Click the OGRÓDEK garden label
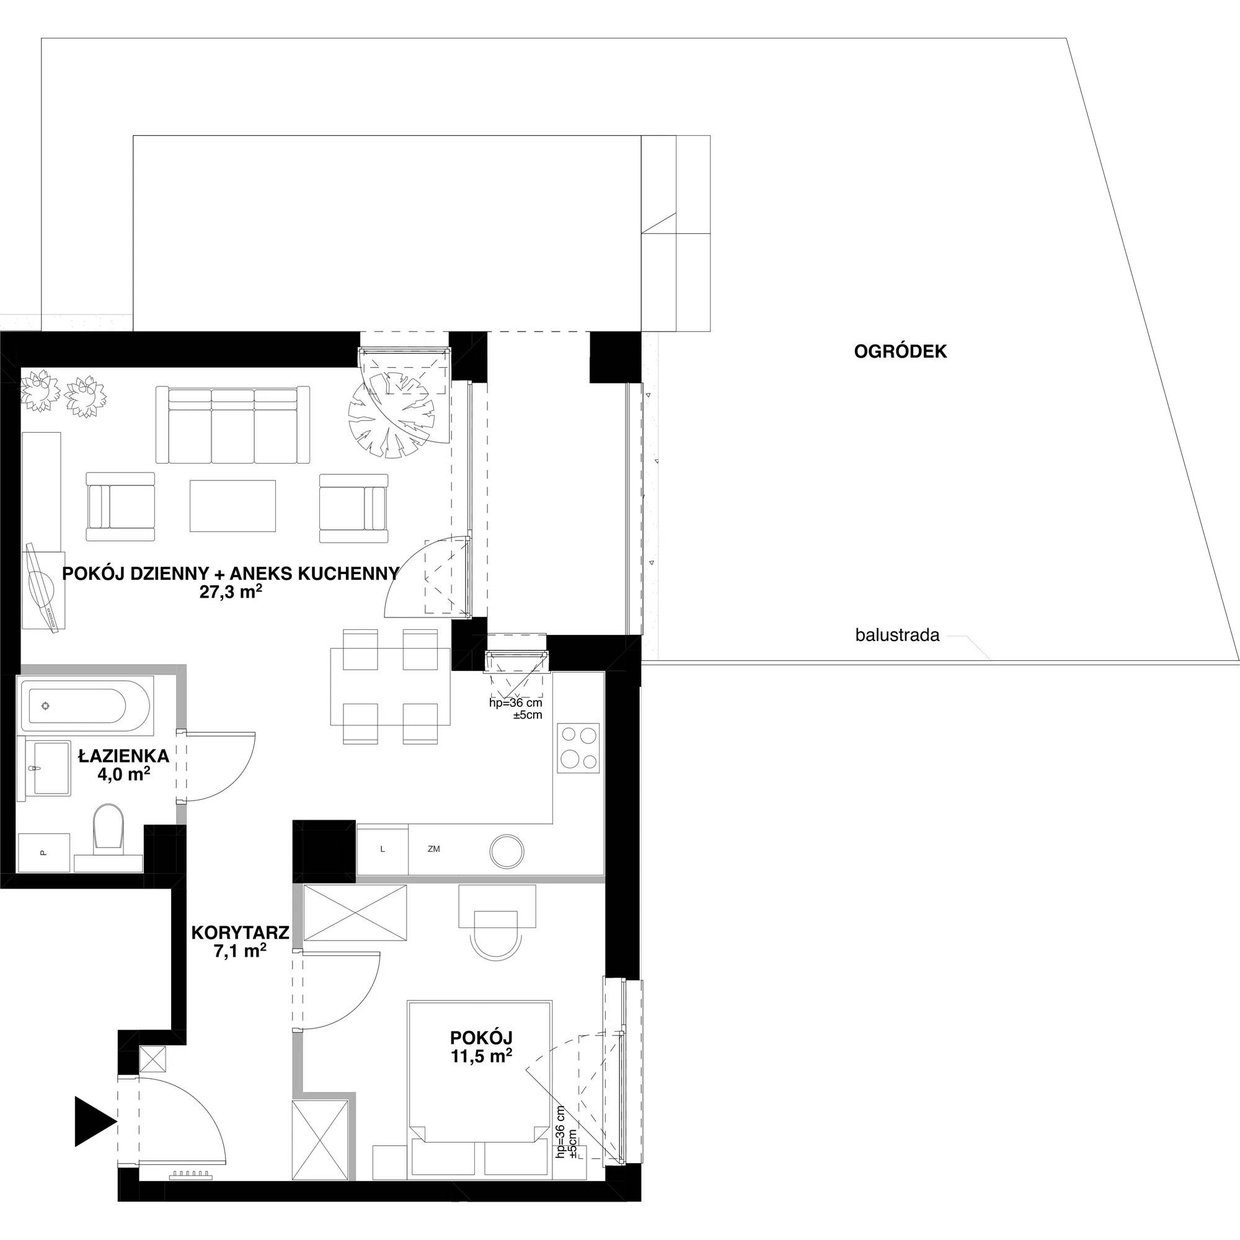click(x=900, y=352)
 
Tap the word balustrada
click(x=897, y=635)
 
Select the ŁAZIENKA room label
click(x=123, y=756)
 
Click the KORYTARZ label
click(x=240, y=932)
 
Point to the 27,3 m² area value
click(x=231, y=591)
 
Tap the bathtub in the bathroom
click(x=85, y=706)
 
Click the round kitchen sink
click(x=507, y=852)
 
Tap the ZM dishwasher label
click(x=434, y=849)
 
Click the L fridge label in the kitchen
click(x=383, y=849)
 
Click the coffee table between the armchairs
click(x=232, y=506)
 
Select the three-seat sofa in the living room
click(x=232, y=425)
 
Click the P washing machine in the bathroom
click(x=43, y=852)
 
